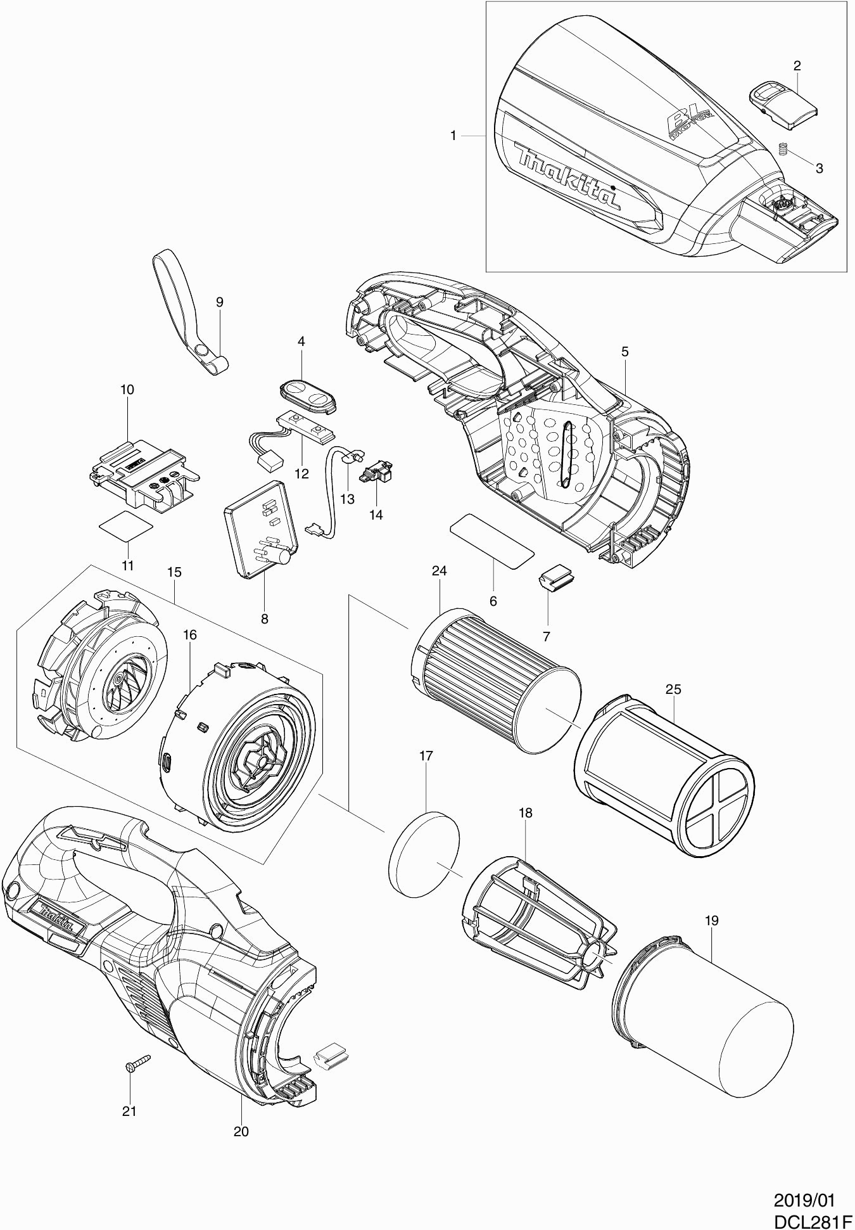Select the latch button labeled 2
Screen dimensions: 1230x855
(x=782, y=100)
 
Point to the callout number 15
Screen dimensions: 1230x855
(x=174, y=572)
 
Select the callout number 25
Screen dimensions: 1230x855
(x=673, y=689)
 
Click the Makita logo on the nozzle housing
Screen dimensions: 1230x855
(x=569, y=176)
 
